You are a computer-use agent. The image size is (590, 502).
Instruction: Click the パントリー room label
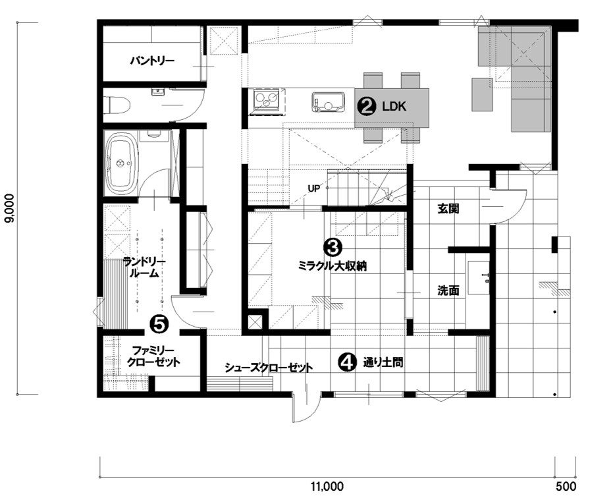pyautogui.click(x=152, y=61)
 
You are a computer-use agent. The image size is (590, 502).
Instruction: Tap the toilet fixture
pyautogui.click(x=117, y=105)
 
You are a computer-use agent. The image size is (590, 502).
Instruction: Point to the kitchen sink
pyautogui.click(x=328, y=102)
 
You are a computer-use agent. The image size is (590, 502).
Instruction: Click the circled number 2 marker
pyautogui.click(x=366, y=107)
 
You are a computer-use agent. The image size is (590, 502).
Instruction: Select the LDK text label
pyautogui.click(x=394, y=107)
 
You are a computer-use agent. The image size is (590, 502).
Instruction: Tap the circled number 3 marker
pyautogui.click(x=333, y=247)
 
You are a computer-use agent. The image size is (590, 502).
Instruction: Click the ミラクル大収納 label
pyautogui.click(x=333, y=266)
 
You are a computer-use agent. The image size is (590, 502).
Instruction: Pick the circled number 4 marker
pyautogui.click(x=347, y=362)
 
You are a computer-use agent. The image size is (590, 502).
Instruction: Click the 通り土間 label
pyautogui.click(x=383, y=362)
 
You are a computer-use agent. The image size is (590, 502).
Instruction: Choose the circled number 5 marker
pyautogui.click(x=159, y=324)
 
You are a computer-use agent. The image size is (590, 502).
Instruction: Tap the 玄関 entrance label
pyautogui.click(x=448, y=208)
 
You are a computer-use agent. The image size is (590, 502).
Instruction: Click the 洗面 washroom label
pyautogui.click(x=448, y=291)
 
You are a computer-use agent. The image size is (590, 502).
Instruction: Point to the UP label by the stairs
pyautogui.click(x=314, y=188)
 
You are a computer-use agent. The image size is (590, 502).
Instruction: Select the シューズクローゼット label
pyautogui.click(x=269, y=368)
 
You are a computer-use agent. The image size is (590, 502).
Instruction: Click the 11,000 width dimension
pyautogui.click(x=327, y=486)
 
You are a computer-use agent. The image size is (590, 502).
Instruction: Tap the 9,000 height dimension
pyautogui.click(x=9, y=208)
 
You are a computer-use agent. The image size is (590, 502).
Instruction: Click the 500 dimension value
pyautogui.click(x=566, y=486)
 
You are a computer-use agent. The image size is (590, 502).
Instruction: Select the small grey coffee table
pyautogui.click(x=483, y=94)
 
